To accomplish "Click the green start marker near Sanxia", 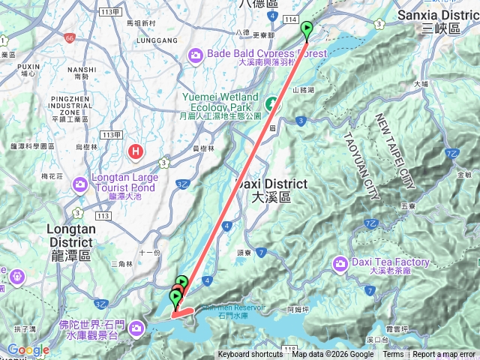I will point(307,30).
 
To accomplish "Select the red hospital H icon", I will point(136,152).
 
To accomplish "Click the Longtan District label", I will point(70,235).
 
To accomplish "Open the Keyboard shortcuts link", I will point(250,355).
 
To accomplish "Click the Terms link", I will point(393,355).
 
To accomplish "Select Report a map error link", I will point(444,355).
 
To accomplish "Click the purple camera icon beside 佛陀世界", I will point(136,328).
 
